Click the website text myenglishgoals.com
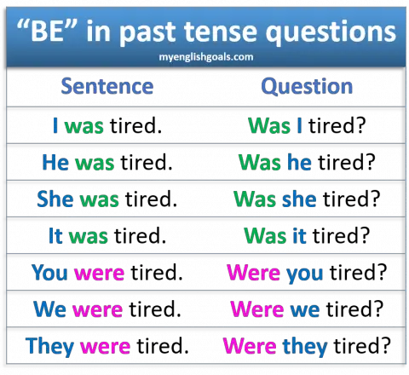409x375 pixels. (x=204, y=55)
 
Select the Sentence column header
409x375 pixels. (x=107, y=86)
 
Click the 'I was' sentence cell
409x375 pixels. (x=78, y=125)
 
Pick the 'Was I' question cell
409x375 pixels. (x=276, y=125)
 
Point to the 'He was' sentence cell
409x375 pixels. (x=78, y=162)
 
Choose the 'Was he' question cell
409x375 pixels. (x=275, y=162)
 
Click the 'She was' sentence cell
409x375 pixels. (x=78, y=199)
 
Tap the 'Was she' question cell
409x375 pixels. (x=275, y=199)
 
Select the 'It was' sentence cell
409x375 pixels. (x=78, y=236)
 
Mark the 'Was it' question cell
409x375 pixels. (x=275, y=236)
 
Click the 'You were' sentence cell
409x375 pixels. (x=78, y=273)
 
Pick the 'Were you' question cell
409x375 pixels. (x=275, y=273)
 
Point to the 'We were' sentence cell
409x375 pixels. (x=78, y=309)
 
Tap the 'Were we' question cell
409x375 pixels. (x=275, y=309)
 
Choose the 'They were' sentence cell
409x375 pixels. (x=78, y=346)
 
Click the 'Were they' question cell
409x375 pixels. (x=275, y=346)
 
